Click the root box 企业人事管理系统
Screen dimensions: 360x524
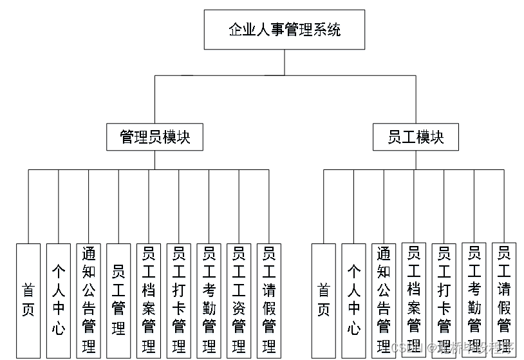285,30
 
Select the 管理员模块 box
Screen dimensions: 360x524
154,137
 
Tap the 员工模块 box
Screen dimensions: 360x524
415,137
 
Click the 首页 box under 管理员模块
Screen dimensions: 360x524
28,300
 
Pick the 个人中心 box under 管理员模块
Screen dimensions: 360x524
59,300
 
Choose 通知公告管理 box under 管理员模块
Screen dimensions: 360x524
88,300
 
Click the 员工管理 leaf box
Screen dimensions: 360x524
118,300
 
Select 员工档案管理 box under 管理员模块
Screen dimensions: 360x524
149,300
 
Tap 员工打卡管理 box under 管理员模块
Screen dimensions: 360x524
179,300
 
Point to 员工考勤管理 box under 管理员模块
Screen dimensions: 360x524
209,300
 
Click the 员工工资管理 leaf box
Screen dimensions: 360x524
239,300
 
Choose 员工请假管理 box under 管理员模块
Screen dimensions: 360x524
269,300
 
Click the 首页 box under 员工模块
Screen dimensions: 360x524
324,300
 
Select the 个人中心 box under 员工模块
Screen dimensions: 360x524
353,300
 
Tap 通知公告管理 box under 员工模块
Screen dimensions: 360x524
384,300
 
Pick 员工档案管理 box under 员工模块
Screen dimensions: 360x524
414,299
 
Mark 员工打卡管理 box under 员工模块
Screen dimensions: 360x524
444,300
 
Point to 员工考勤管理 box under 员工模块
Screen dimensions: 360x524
474,299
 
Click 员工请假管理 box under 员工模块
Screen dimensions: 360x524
504,299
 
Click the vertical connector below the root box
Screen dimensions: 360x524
285,62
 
